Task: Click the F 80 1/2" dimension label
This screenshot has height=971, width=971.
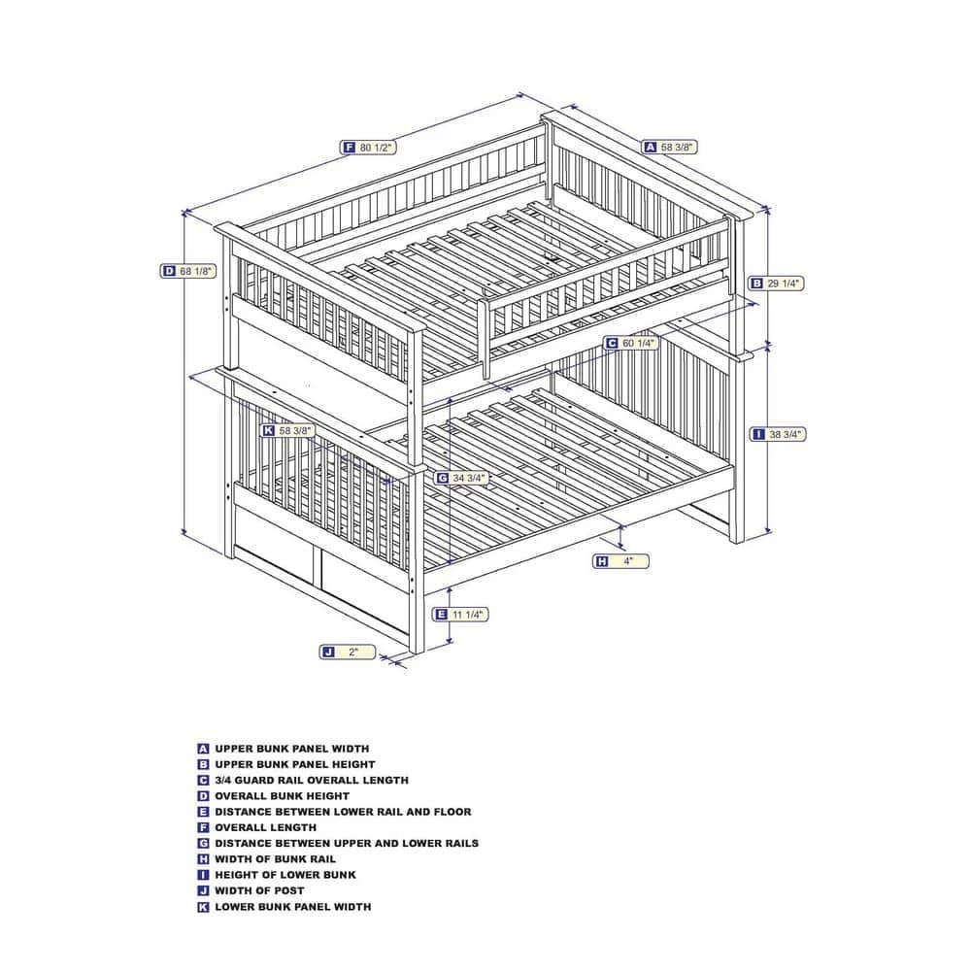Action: click(x=368, y=148)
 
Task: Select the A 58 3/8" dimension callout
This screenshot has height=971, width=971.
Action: click(x=670, y=147)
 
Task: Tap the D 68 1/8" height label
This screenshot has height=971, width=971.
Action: click(x=188, y=271)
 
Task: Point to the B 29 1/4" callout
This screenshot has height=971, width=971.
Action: click(x=776, y=284)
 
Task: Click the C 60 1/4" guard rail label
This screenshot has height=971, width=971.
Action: click(x=631, y=343)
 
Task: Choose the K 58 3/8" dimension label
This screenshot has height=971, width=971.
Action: click(x=288, y=430)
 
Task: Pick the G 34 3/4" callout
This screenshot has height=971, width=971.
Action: click(x=462, y=478)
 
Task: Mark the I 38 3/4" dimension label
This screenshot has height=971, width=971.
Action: click(x=778, y=435)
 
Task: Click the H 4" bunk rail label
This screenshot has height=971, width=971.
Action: click(x=621, y=561)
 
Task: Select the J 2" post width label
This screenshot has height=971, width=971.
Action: click(x=348, y=652)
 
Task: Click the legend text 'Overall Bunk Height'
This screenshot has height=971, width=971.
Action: click(x=282, y=796)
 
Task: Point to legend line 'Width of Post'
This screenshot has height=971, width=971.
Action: click(x=259, y=890)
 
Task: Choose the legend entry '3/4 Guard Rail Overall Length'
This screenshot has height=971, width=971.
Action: click(x=312, y=781)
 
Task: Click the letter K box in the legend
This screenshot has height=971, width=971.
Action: click(x=203, y=907)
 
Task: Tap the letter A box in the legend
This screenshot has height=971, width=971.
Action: click(x=203, y=749)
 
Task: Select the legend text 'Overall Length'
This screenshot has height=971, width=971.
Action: click(x=265, y=827)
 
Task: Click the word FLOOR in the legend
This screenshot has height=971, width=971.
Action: click(x=452, y=812)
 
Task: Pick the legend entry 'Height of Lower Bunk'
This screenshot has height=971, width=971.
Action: click(x=285, y=875)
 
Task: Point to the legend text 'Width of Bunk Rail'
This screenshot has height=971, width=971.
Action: click(x=275, y=859)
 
